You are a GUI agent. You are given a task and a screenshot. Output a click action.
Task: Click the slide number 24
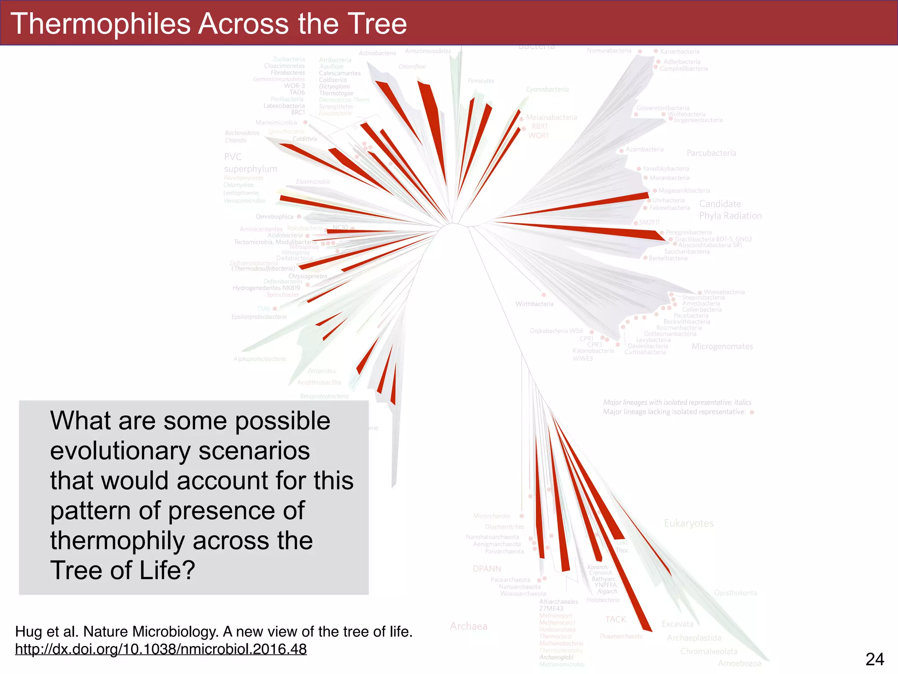click(x=874, y=659)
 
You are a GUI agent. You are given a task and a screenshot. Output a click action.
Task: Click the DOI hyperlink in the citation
click(x=161, y=649)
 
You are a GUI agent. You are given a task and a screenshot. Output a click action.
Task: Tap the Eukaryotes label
click(x=688, y=523)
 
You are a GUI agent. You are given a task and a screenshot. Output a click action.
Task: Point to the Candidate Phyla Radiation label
click(x=730, y=210)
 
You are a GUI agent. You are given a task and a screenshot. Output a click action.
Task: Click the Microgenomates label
click(x=722, y=346)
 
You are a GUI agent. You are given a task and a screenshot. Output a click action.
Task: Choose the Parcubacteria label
click(x=711, y=153)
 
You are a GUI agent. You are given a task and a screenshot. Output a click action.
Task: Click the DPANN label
click(x=487, y=569)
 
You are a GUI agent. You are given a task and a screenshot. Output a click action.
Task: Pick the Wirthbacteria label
click(x=534, y=304)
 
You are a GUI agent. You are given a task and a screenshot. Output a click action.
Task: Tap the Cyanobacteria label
click(x=547, y=90)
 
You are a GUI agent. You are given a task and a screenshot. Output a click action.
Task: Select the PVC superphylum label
click(x=250, y=163)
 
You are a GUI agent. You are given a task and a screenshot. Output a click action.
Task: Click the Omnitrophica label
click(x=274, y=217)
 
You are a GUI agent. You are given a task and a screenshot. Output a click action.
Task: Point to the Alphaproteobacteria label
click(x=259, y=359)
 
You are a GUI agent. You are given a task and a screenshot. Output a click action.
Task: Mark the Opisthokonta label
click(x=735, y=593)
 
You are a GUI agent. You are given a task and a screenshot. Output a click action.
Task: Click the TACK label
click(x=616, y=619)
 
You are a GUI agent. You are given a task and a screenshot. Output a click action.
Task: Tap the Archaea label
click(x=468, y=626)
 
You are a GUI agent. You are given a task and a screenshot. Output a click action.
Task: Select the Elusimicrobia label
click(x=313, y=182)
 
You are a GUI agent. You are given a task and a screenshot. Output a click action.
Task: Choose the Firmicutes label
click(x=481, y=81)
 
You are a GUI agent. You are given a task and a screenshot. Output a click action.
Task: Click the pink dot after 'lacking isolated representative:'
click(x=752, y=412)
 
